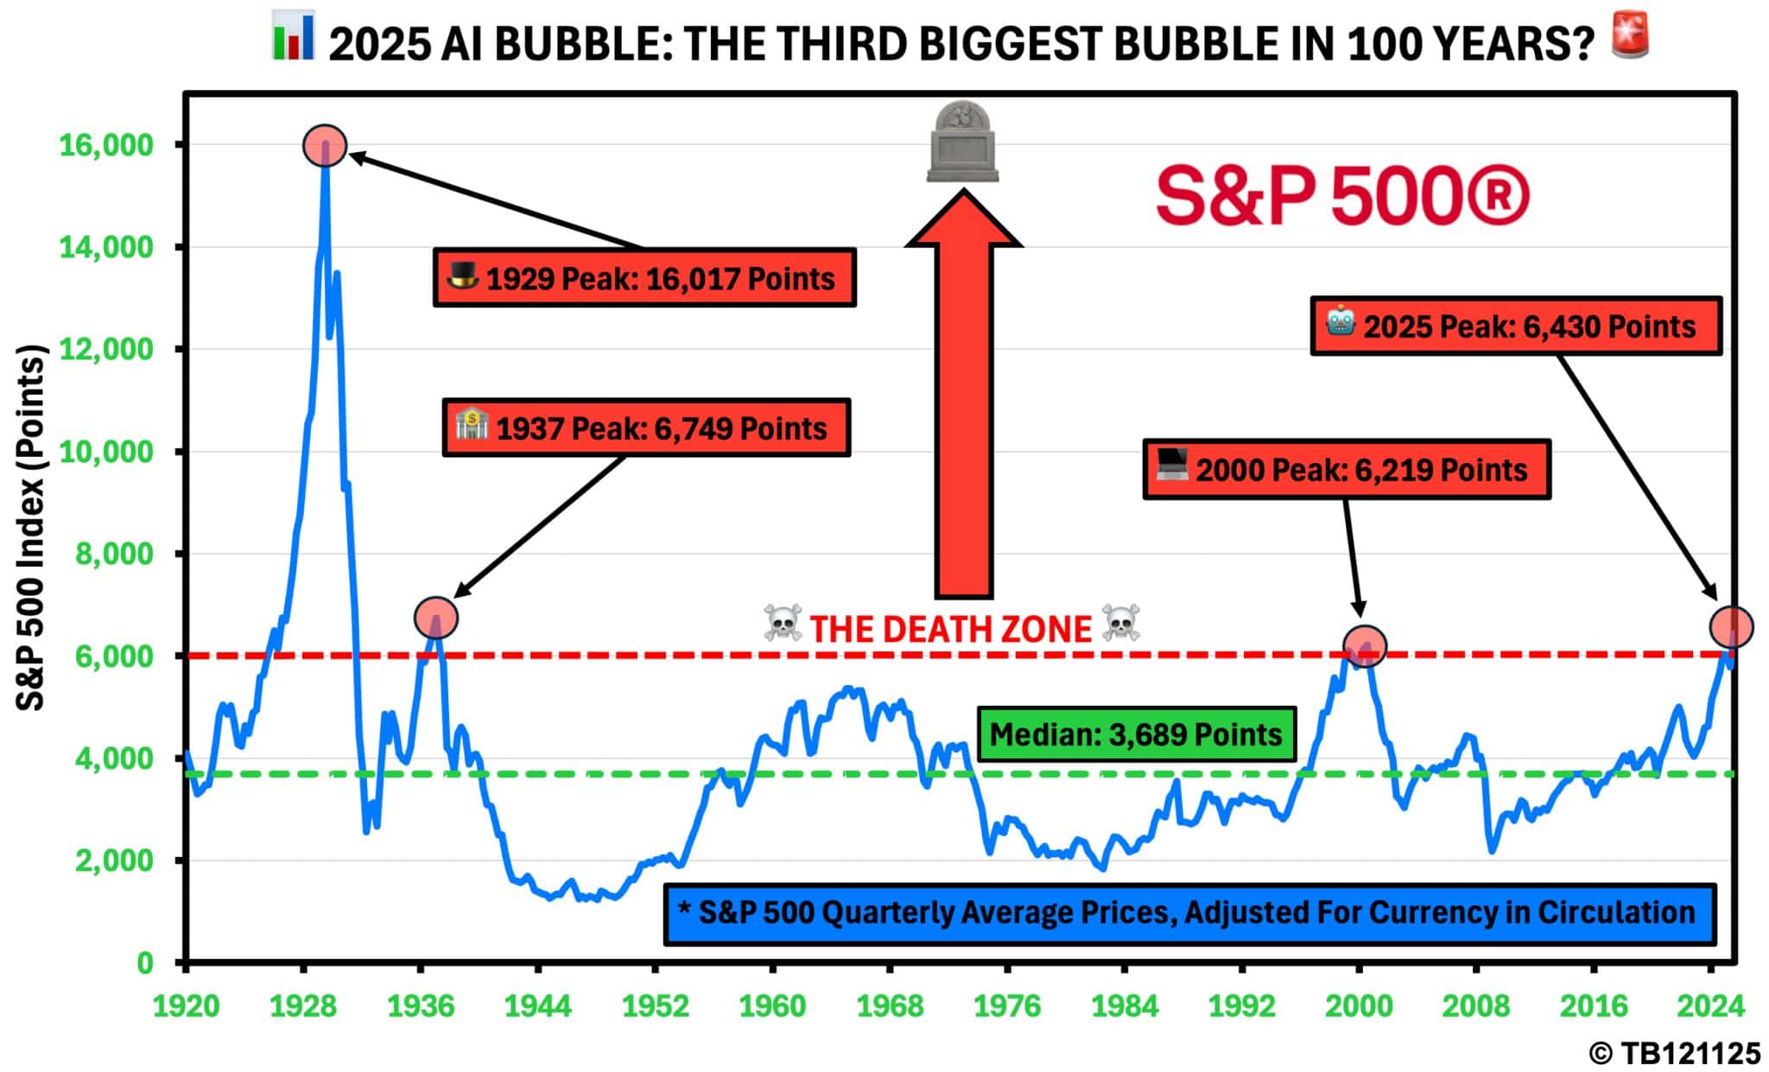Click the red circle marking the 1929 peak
tap(325, 146)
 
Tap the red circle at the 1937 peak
tap(436, 618)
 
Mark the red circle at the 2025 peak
tap(1731, 626)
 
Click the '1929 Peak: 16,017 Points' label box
tap(644, 278)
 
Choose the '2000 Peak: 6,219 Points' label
tap(1346, 470)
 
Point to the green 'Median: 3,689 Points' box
tap(1136, 734)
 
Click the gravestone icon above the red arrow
tap(962, 143)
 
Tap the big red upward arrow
tap(963, 397)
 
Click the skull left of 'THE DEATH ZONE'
tap(783, 624)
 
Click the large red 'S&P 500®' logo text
tap(1342, 198)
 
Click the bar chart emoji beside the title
tap(293, 36)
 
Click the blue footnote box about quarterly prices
tap(1189, 913)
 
